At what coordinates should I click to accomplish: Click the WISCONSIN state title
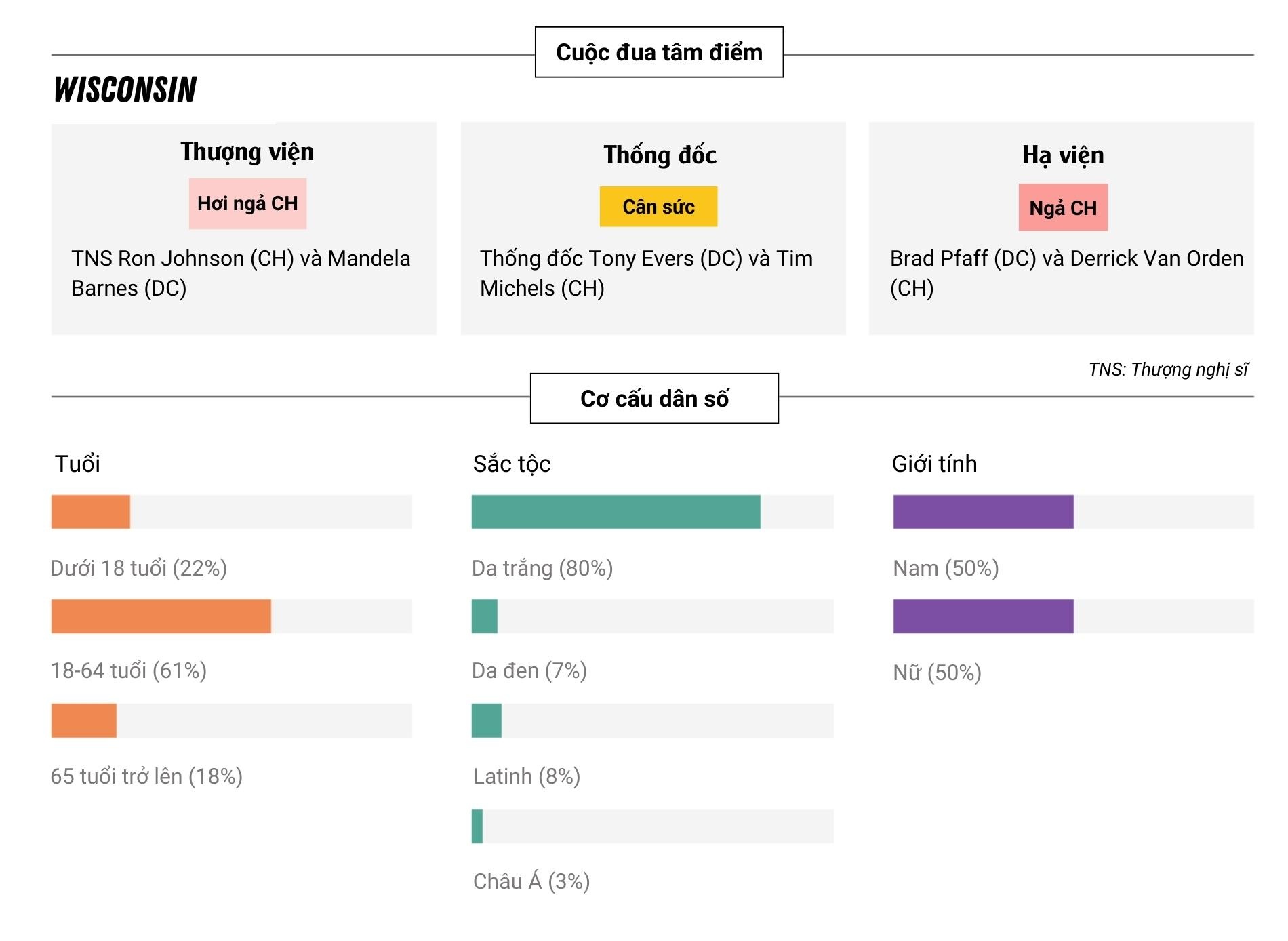(x=125, y=89)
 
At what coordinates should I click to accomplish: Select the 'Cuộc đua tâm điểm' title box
(x=659, y=52)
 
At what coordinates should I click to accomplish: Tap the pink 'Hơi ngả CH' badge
(x=247, y=203)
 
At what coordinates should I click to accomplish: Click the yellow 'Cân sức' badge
(x=658, y=207)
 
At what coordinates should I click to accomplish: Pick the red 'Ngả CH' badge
(x=1062, y=207)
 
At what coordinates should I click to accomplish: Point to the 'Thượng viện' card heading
(x=247, y=152)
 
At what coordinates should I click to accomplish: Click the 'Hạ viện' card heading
(x=1062, y=155)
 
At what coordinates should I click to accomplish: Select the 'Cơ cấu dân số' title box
(x=654, y=399)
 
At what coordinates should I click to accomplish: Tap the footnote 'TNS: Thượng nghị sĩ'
(x=1167, y=369)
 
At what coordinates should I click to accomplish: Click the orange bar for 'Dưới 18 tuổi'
(x=91, y=512)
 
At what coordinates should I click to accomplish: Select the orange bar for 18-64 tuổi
(x=161, y=616)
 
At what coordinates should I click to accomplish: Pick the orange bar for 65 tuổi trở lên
(x=84, y=721)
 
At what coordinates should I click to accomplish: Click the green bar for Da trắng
(x=616, y=512)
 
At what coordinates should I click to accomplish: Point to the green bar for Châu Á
(x=477, y=826)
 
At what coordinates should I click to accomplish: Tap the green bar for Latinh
(x=487, y=721)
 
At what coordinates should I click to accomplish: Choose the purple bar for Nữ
(x=983, y=616)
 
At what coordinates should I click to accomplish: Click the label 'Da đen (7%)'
(x=529, y=671)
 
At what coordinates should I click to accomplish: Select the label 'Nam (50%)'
(x=946, y=568)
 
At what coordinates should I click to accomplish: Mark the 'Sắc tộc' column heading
(x=512, y=464)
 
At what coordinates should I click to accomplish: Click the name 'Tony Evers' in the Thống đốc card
(x=641, y=259)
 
